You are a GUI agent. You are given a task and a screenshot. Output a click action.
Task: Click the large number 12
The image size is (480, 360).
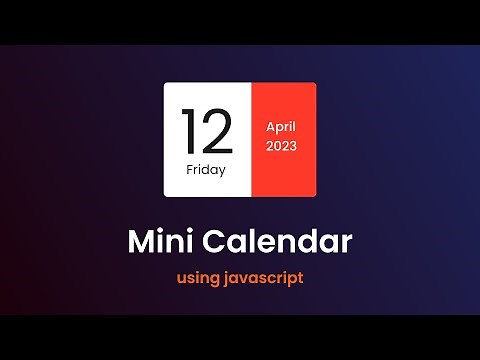click(x=206, y=132)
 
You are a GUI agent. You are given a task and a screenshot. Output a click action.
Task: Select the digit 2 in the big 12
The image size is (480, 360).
click(x=217, y=132)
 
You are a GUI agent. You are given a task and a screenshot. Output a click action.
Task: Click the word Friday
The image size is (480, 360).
click(x=206, y=169)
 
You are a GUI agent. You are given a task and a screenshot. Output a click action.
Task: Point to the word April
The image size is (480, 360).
click(x=283, y=127)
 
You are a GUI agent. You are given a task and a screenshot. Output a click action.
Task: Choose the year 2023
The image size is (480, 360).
click(x=283, y=146)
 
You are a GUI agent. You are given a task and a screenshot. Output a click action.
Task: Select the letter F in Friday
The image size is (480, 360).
click(x=189, y=169)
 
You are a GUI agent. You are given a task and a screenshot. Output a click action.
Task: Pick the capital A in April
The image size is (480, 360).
click(x=270, y=127)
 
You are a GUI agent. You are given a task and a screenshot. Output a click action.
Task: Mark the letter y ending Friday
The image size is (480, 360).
click(x=222, y=171)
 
